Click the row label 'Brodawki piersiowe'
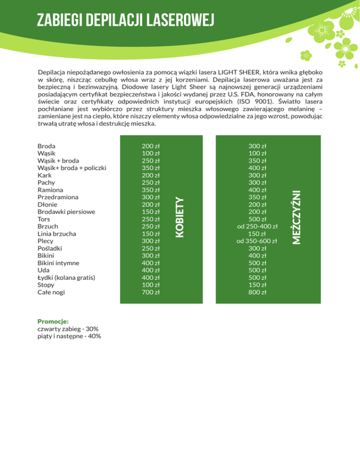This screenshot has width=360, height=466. (x=66, y=211)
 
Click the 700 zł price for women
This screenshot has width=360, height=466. (x=151, y=292)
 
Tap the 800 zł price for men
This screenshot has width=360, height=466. (x=257, y=292)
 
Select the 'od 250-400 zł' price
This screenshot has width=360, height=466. (x=257, y=226)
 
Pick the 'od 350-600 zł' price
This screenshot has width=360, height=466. (x=257, y=241)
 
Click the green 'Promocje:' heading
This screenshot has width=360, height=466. (x=53, y=322)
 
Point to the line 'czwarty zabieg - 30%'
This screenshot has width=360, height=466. (x=67, y=329)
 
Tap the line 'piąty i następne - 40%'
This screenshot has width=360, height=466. (x=69, y=336)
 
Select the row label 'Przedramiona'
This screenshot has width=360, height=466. (x=57, y=197)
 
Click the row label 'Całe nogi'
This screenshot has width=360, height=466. (x=52, y=292)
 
